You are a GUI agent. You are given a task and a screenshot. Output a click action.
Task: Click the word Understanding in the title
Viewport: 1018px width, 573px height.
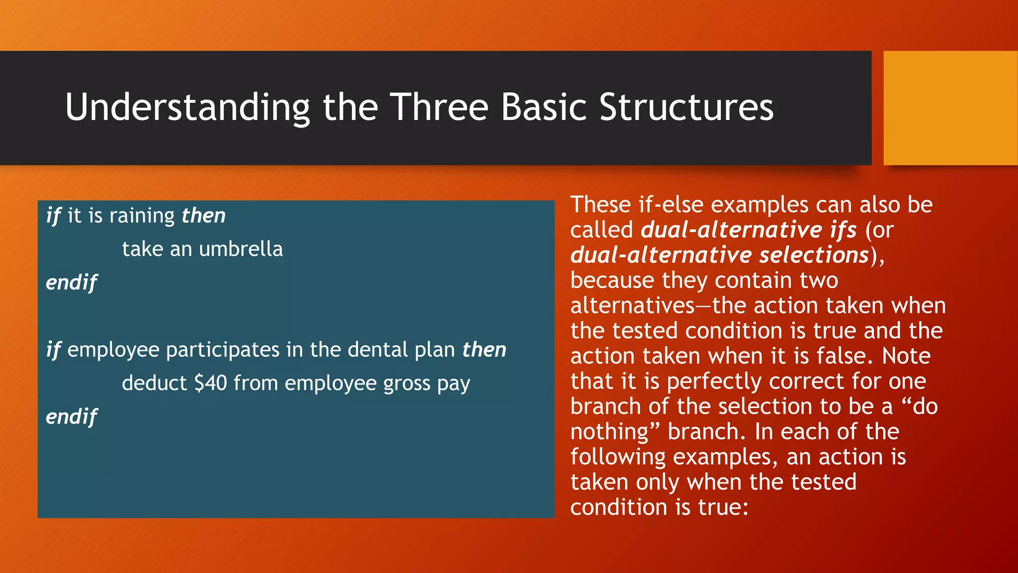[x=187, y=107]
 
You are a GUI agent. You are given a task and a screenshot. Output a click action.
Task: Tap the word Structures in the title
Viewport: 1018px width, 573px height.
[x=686, y=107]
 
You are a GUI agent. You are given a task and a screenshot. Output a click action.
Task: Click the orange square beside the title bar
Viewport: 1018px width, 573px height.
[x=950, y=108]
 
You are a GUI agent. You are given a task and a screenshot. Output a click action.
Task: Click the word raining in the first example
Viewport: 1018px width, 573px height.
[x=142, y=216]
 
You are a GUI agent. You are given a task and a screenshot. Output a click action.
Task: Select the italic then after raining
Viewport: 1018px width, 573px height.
[x=203, y=216]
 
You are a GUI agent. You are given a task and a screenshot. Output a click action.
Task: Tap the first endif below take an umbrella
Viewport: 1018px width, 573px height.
[x=72, y=283]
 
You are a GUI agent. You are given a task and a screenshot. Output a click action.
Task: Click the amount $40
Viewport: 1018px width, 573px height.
[x=211, y=383]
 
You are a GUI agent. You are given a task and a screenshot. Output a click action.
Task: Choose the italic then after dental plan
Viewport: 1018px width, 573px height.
[x=484, y=350]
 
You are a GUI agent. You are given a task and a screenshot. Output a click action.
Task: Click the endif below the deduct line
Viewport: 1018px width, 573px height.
[x=72, y=417]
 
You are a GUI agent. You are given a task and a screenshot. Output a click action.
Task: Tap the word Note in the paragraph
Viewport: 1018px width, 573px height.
[x=906, y=356]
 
